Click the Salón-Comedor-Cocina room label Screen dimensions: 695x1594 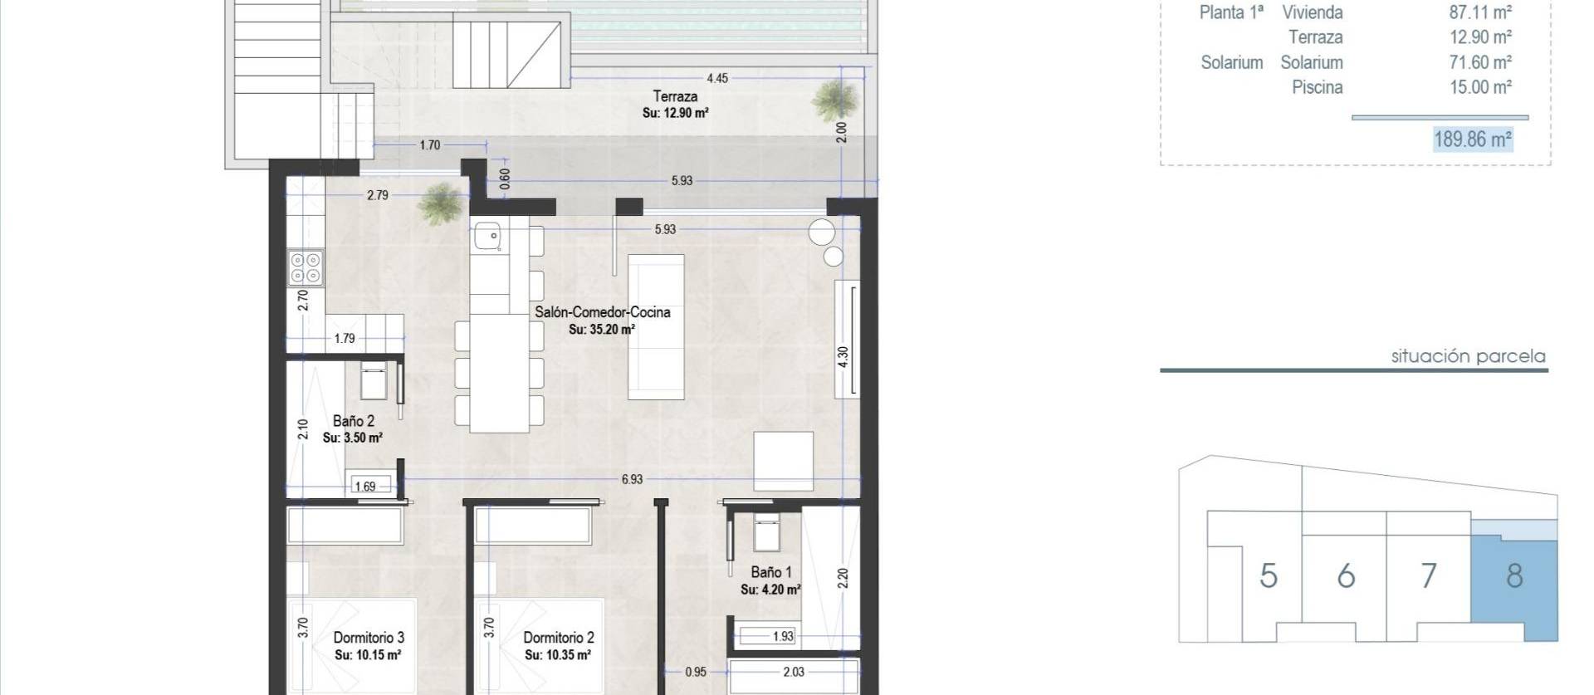(602, 313)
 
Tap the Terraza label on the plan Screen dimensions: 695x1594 (674, 96)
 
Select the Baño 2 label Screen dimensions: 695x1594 (353, 421)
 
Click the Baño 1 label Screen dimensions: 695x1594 (770, 572)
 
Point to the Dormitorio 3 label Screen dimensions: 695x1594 (369, 638)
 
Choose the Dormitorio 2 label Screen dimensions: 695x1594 (558, 638)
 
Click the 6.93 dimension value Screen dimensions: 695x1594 (632, 479)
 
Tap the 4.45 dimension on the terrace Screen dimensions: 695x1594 (716, 78)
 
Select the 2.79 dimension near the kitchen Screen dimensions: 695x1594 (377, 195)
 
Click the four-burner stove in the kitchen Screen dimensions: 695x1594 (305, 268)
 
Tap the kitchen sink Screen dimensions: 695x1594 (487, 236)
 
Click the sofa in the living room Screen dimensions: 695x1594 (656, 326)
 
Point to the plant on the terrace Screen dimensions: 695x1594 (834, 100)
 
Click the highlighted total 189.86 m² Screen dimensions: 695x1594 (1473, 139)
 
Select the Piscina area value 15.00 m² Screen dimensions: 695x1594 (1480, 87)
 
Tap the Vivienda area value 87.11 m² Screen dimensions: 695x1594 (1480, 12)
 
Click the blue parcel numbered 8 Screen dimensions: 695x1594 (1513, 576)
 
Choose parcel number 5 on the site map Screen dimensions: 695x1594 (1268, 576)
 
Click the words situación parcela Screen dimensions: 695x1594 (1468, 356)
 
